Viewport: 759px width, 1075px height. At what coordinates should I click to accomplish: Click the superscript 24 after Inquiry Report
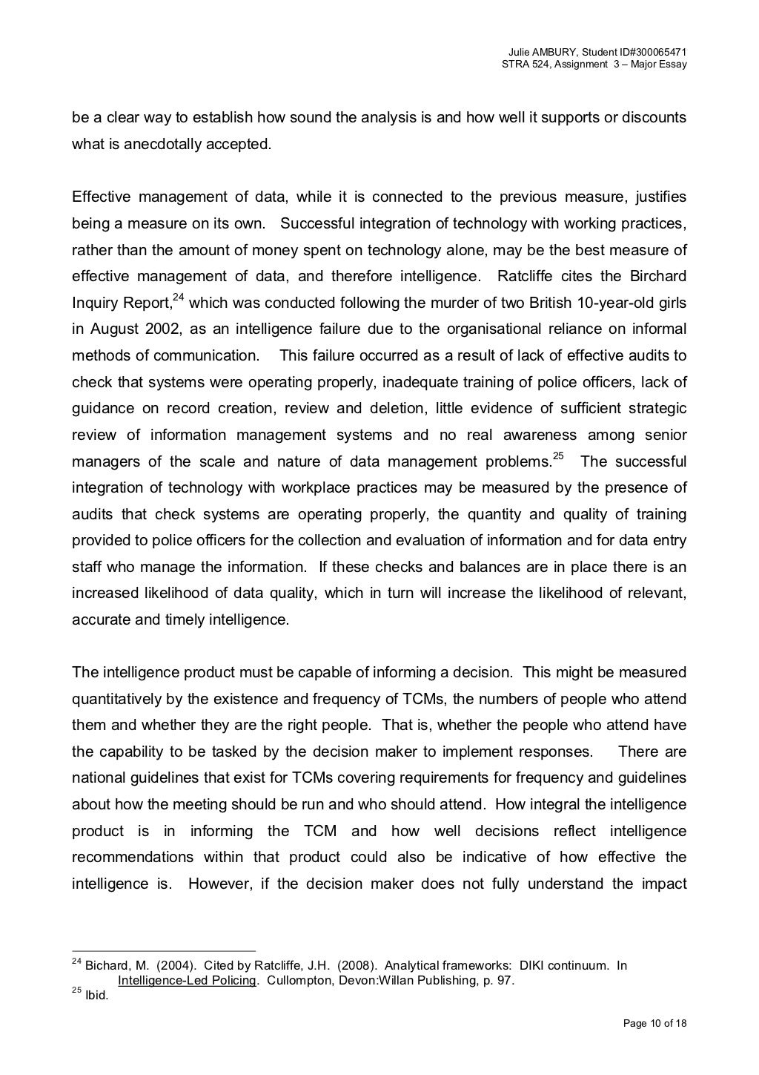pyautogui.click(x=178, y=297)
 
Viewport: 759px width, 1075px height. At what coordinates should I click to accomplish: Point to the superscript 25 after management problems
pyautogui.click(x=558, y=456)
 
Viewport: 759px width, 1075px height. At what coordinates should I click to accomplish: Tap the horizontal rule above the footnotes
pyautogui.click(x=163, y=951)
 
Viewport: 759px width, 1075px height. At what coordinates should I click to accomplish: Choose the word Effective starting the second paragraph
pyautogui.click(x=101, y=197)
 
